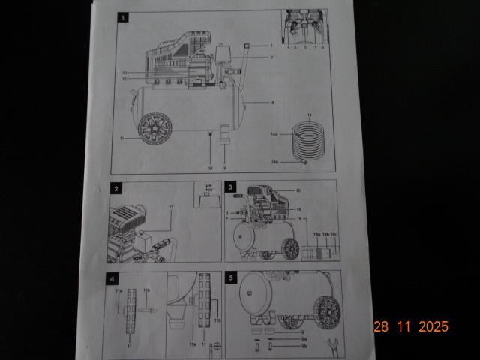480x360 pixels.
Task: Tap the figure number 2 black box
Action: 116,189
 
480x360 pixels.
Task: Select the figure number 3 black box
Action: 231,187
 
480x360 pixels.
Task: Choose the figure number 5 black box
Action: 230,277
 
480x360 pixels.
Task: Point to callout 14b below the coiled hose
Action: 274,161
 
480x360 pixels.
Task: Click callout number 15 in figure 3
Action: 298,192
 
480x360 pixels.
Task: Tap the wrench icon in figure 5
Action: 332,346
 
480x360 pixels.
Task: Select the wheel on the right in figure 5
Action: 326,313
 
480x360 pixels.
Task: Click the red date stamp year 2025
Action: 430,326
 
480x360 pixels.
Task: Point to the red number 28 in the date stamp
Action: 382,326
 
